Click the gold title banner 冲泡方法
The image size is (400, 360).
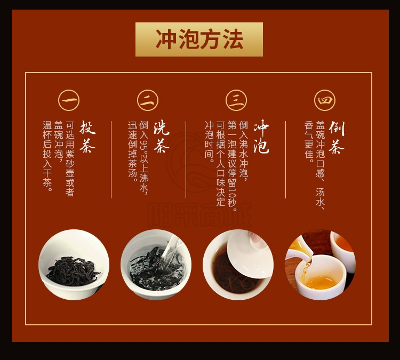click(x=199, y=39)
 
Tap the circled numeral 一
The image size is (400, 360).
click(x=69, y=100)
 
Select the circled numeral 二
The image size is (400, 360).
click(x=147, y=100)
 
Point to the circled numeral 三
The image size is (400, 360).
click(x=236, y=100)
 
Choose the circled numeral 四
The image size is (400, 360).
click(x=325, y=100)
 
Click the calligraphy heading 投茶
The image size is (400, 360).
click(x=87, y=137)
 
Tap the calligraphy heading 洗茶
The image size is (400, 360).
click(x=161, y=137)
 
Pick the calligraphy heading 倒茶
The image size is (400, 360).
click(x=336, y=137)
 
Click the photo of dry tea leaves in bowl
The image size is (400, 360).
click(x=74, y=265)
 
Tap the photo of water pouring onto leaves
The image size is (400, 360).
click(x=156, y=265)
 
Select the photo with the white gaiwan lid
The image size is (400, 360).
click(x=238, y=265)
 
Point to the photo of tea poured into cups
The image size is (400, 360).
click(x=321, y=265)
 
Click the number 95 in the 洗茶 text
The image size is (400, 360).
click(x=144, y=144)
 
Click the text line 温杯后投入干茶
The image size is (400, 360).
click(x=47, y=156)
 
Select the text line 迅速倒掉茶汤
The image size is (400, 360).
click(x=132, y=150)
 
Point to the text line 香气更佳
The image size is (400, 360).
click(x=309, y=142)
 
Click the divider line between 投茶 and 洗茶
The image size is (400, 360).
click(x=111, y=159)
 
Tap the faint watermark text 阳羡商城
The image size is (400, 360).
click(x=200, y=215)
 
